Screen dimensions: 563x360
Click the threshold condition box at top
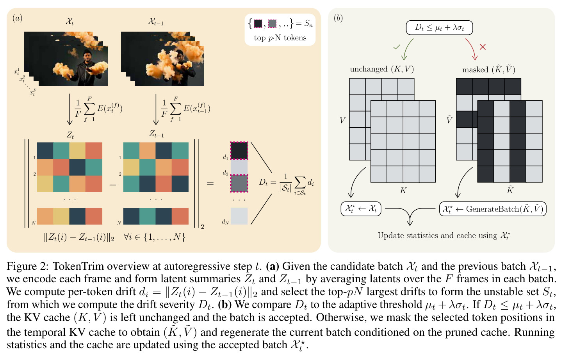439,28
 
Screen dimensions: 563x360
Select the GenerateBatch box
493,209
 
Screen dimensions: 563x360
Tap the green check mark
397,47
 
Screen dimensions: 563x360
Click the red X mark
483,47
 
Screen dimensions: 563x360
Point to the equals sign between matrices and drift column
210,184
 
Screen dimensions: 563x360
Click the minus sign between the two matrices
113,185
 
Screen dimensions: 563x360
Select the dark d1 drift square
239,151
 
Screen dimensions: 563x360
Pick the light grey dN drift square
239,216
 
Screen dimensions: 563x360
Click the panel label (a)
17,18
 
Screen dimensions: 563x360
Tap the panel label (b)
338,18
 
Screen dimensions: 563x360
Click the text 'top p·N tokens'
280,38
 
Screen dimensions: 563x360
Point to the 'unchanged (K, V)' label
382,69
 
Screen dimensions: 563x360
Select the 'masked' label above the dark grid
475,70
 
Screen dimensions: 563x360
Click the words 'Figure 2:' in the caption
27,266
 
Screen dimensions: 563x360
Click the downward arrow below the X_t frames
69,109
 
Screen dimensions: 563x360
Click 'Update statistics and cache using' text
437,235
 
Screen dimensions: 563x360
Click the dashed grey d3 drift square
239,183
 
